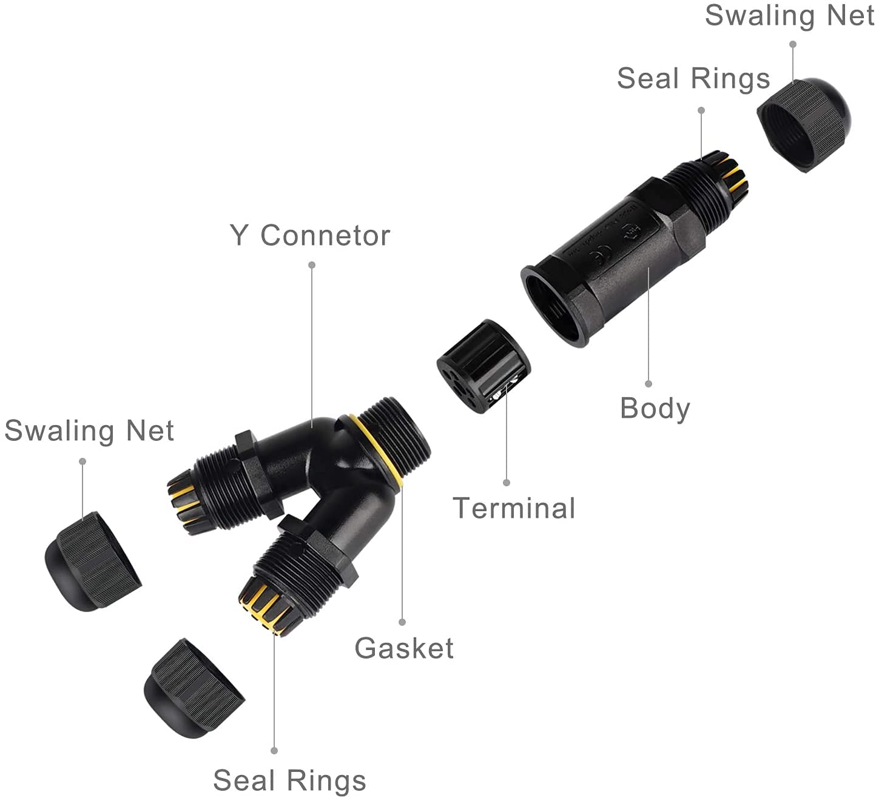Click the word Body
[655, 409]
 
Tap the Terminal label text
[514, 508]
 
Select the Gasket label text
[404, 648]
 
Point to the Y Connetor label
[309, 235]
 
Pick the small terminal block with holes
[483, 366]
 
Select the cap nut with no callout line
[192, 687]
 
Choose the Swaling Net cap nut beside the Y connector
[92, 561]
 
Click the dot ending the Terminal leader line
[507, 483]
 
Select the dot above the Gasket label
[402, 622]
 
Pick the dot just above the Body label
[649, 384]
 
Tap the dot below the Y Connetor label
[312, 265]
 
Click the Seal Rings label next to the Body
[693, 79]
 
